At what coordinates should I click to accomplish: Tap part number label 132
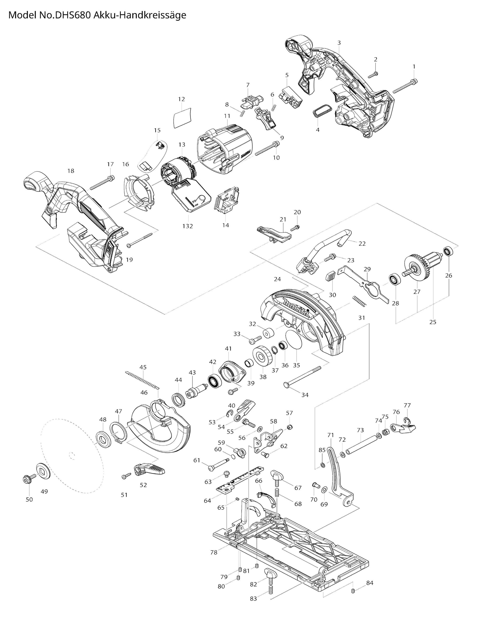pos(188,226)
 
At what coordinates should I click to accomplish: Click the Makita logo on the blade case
pos(297,307)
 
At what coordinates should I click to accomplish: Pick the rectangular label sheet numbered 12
pos(182,117)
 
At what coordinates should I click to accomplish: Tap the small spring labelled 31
pos(359,301)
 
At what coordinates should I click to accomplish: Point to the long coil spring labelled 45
pos(143,380)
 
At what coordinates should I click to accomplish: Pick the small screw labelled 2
pos(373,75)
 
